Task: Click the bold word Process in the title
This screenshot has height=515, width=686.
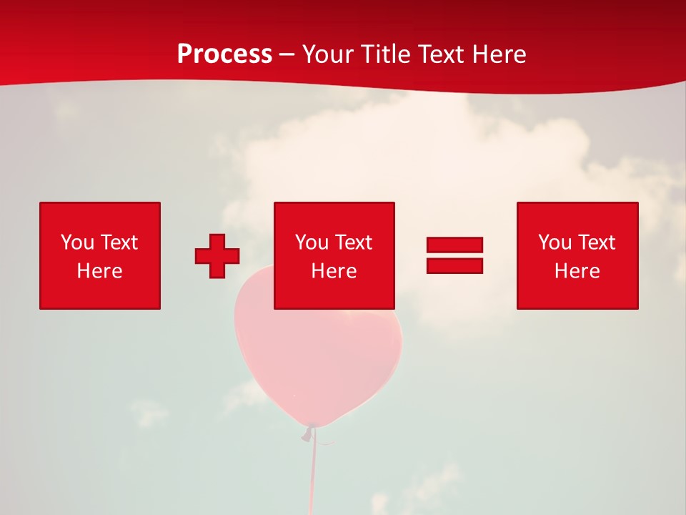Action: click(x=224, y=54)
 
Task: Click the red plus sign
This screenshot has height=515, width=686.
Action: click(x=217, y=256)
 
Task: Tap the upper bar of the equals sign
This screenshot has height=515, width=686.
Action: click(x=454, y=245)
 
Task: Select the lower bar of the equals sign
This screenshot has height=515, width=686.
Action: click(x=454, y=265)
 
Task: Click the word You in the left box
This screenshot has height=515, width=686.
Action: click(x=77, y=242)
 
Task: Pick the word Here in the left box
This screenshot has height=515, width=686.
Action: click(x=99, y=271)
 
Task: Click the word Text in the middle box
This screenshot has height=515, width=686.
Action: click(x=354, y=242)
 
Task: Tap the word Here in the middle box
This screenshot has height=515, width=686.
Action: click(x=334, y=271)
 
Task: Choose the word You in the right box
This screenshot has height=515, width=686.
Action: click(x=555, y=242)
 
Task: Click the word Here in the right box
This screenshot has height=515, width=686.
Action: click(x=577, y=271)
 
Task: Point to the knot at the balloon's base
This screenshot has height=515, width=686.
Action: click(x=309, y=431)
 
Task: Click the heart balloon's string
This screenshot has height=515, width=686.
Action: click(x=312, y=472)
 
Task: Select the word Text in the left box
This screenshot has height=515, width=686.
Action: click(x=119, y=242)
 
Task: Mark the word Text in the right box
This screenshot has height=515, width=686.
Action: click(x=597, y=242)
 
